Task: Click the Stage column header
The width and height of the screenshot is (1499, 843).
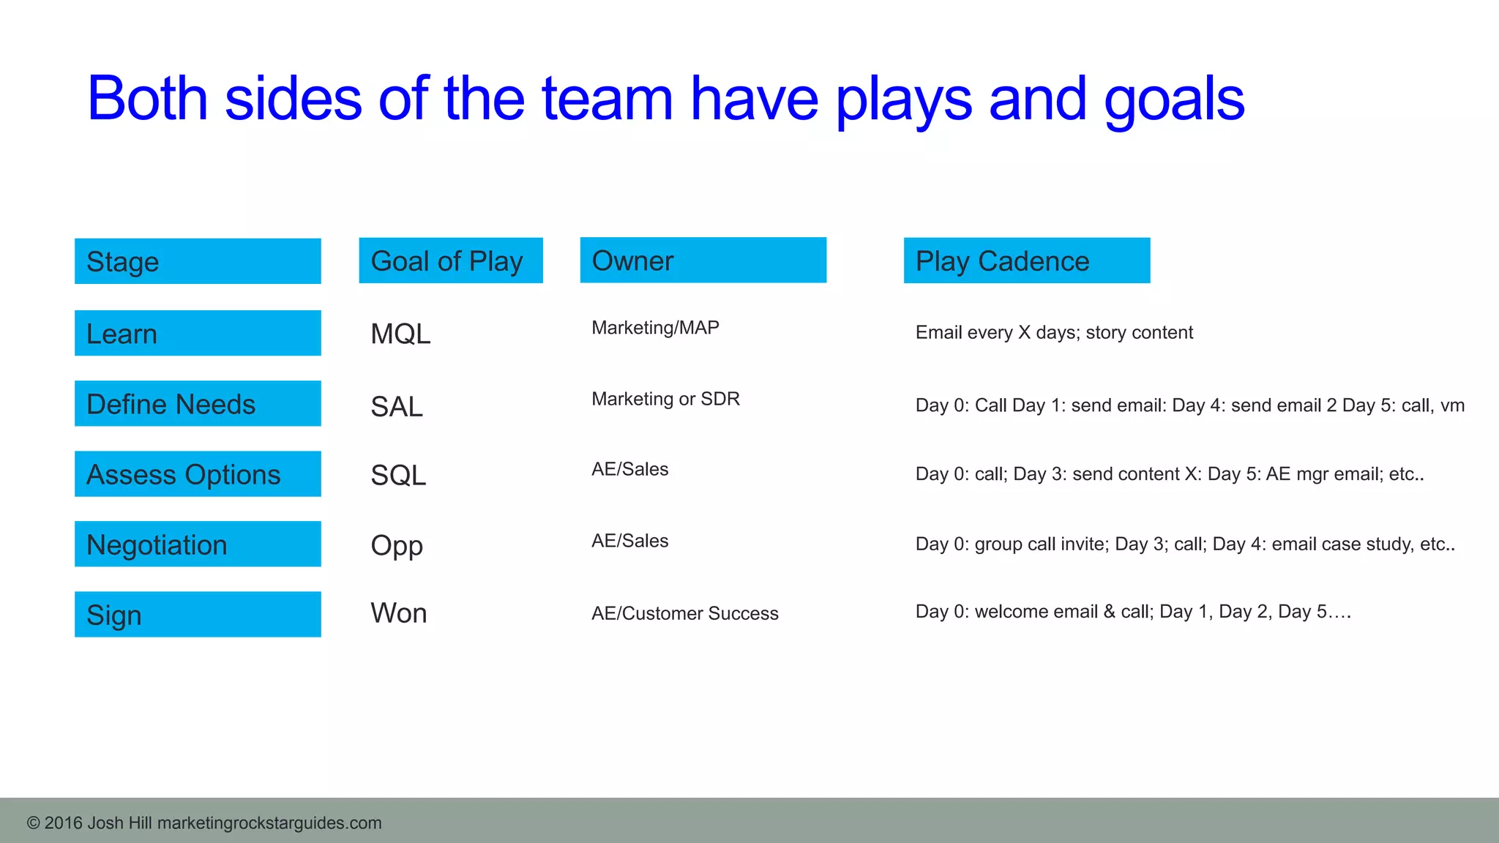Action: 198,261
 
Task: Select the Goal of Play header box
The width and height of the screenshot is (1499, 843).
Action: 451,261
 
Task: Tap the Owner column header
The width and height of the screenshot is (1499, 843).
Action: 703,260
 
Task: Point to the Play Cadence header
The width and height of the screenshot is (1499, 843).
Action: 1026,261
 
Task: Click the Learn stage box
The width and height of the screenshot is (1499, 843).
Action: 198,333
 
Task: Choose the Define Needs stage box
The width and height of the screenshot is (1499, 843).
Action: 198,403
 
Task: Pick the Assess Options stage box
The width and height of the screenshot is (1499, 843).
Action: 198,474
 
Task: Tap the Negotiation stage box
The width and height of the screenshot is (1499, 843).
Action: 198,544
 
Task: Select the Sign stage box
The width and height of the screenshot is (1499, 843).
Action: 198,615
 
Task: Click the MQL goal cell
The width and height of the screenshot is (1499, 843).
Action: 400,334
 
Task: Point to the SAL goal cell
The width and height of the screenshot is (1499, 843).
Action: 397,407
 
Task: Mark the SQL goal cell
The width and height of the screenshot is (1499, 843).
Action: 398,476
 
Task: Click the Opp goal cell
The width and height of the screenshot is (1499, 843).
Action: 397,546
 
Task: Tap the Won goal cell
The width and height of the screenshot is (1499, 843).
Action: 399,613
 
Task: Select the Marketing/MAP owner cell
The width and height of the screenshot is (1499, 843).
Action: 655,328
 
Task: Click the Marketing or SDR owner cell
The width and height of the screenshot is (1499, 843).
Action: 665,399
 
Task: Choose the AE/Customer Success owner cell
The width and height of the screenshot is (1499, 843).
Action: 684,613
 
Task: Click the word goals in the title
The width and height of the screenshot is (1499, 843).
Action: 1174,100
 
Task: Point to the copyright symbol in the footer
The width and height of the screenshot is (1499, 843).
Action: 33,823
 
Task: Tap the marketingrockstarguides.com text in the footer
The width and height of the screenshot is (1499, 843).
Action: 269,823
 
